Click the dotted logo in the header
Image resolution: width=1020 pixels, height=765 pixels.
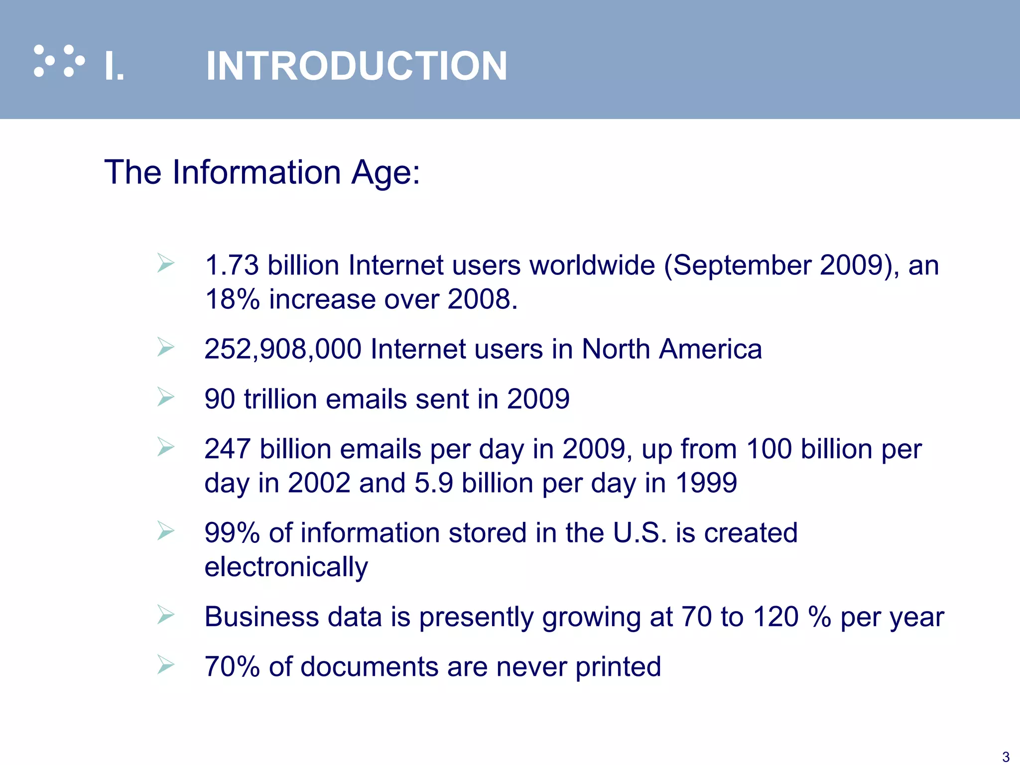tap(59, 61)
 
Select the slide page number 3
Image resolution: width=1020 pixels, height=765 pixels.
tap(1006, 757)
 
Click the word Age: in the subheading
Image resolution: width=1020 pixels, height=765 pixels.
tap(385, 172)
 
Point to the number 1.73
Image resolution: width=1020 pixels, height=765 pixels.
tap(232, 265)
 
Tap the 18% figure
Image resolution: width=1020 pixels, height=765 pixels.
tap(232, 299)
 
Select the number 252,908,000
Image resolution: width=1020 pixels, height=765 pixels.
tap(283, 349)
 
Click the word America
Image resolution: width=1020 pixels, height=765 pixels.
tap(710, 349)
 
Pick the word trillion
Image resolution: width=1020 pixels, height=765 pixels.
tap(280, 399)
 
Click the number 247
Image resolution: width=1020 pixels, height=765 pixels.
tap(227, 449)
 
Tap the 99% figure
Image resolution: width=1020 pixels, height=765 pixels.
tap(232, 532)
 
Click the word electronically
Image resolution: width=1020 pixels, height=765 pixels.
tap(286, 567)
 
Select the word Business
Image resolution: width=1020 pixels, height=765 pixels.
tap(261, 617)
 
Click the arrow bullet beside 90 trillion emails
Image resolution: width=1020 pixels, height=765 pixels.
tap(165, 397)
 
